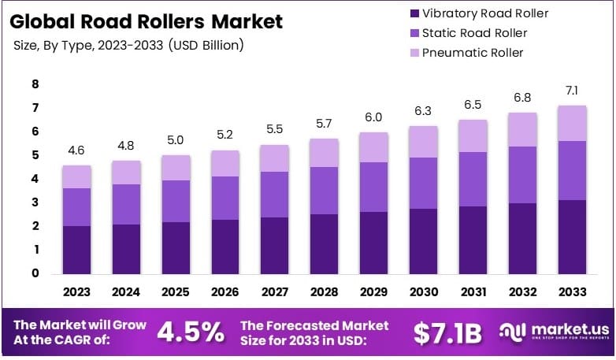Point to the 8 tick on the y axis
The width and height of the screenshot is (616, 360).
point(35,84)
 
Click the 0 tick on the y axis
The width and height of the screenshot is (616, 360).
point(35,273)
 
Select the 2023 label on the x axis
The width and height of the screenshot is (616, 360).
point(76,291)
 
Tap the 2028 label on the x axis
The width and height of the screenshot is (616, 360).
point(323,291)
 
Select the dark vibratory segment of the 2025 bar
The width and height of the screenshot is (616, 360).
point(175,247)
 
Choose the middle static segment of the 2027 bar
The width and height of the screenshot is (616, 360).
point(273,194)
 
